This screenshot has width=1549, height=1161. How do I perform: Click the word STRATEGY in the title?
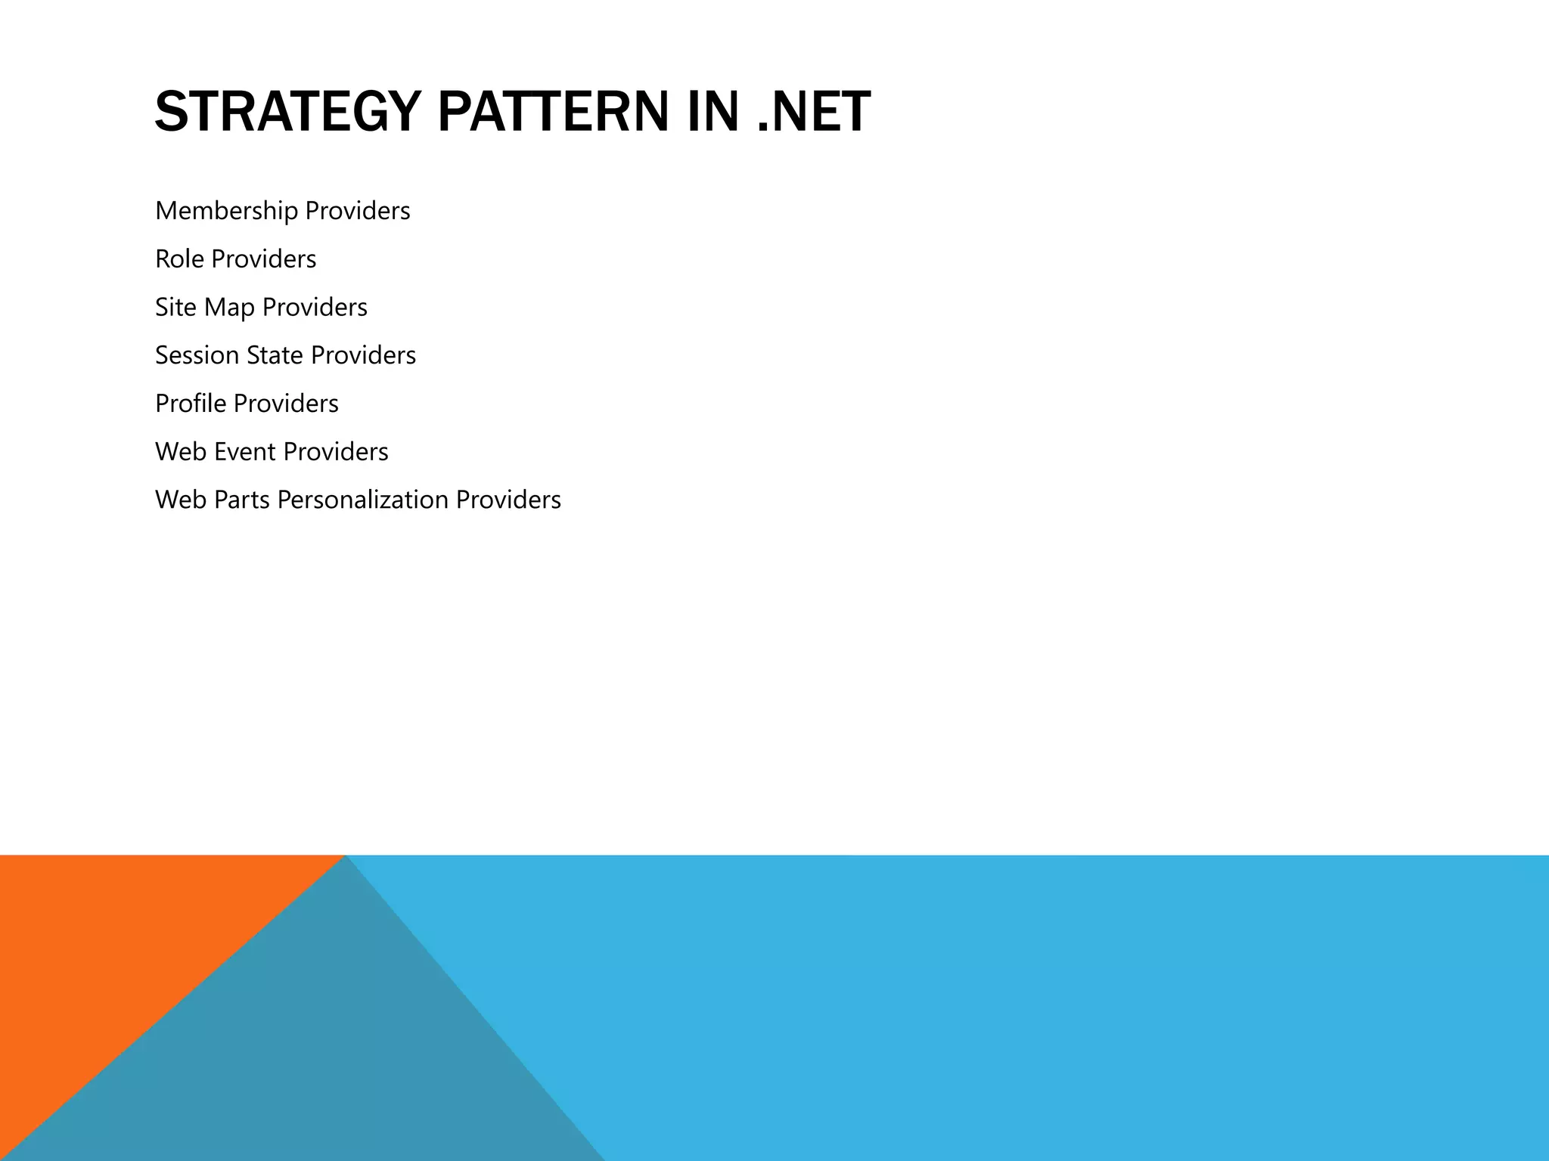287,112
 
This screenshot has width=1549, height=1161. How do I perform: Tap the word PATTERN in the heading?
553,112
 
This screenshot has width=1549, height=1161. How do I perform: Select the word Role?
179,259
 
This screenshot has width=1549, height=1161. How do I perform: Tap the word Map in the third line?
229,308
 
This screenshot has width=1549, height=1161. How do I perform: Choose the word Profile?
191,404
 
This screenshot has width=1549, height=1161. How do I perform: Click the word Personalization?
362,500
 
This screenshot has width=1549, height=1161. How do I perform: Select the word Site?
175,308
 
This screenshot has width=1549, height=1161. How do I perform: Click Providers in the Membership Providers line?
357,211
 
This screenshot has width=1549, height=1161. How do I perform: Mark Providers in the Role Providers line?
263,259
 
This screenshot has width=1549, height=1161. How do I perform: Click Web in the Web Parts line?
181,500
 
